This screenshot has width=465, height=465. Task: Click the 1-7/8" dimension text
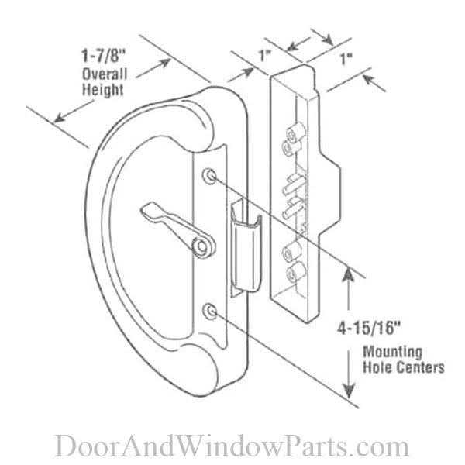[104, 56]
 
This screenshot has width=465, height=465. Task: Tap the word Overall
[105, 74]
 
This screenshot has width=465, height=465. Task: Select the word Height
[102, 90]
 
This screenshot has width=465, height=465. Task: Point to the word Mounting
[393, 353]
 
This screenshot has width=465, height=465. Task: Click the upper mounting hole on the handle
[210, 176]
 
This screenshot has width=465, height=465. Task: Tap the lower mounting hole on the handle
[210, 311]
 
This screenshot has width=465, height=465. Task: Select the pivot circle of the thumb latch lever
[202, 246]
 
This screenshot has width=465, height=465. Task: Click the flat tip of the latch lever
[147, 209]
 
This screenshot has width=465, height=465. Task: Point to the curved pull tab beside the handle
[246, 249]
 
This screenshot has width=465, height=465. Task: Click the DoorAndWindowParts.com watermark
[232, 446]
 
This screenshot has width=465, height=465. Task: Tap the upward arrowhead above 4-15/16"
[349, 274]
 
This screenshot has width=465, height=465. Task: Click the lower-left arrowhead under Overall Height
[60, 118]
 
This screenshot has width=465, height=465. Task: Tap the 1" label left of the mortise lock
[265, 56]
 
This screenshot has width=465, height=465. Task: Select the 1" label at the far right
[346, 59]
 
